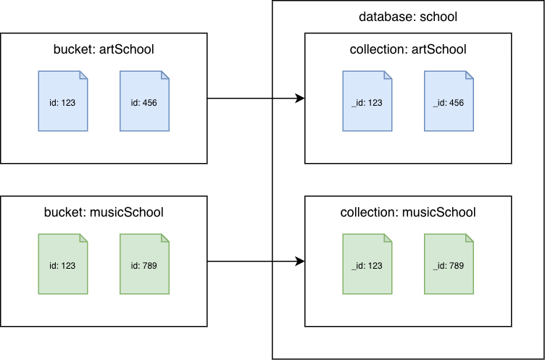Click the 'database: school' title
pos(407,17)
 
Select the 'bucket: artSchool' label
pos(104,49)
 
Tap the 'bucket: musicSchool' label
pos(104,212)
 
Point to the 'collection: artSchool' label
pos(408,49)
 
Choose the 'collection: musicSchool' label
pos(408,212)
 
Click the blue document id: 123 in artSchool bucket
pos(63,101)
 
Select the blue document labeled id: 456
pos(144,101)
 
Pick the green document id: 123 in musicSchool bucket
pos(63,264)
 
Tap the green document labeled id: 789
pos(144,264)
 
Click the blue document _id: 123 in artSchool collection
pos(367,101)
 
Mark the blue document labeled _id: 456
pos(449,101)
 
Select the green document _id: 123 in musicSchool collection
pos(367,264)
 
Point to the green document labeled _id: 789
pos(449,264)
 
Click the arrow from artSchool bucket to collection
pos(254,98)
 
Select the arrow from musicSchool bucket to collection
pos(254,261)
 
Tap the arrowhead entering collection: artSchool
pos(299,98)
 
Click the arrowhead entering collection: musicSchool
pos(299,261)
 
